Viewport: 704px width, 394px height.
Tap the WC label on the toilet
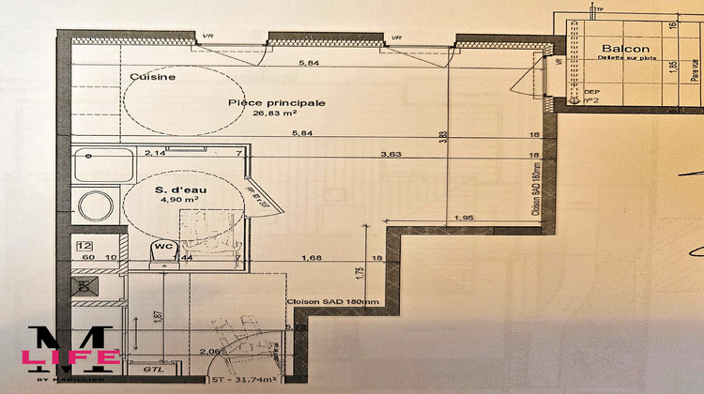(161, 247)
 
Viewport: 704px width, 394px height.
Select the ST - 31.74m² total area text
(247, 382)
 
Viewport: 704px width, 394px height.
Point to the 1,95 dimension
(464, 219)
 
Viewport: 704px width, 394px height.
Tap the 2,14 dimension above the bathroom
(154, 152)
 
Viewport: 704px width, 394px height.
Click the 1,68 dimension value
(312, 257)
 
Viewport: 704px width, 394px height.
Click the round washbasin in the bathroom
(92, 204)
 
